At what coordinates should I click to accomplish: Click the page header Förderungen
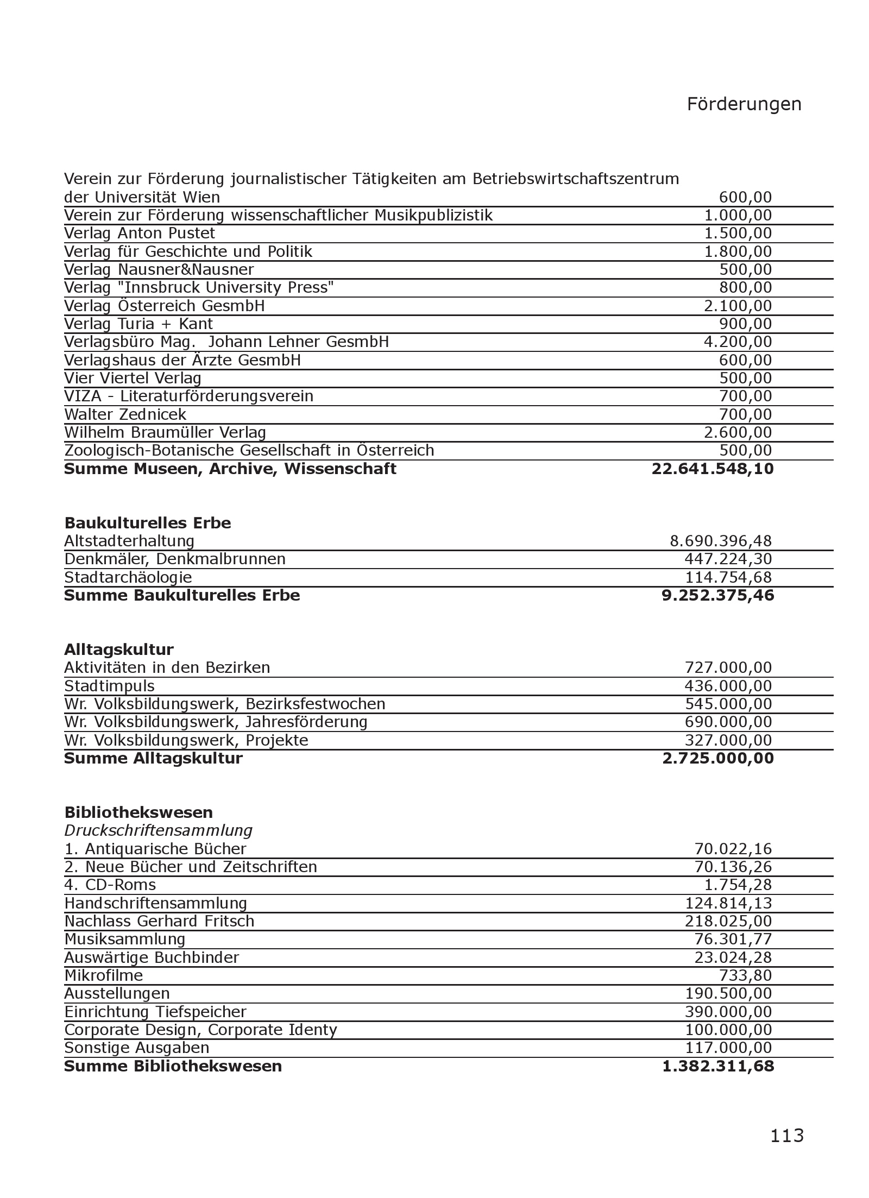[744, 104]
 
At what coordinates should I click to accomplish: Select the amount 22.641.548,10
[712, 469]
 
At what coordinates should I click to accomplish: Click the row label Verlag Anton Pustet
[140, 234]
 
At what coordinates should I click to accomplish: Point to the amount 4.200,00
[738, 342]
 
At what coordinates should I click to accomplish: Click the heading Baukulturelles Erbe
[148, 523]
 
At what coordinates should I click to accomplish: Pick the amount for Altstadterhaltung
[721, 541]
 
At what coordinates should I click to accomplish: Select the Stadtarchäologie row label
[128, 577]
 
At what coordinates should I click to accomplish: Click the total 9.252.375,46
[717, 596]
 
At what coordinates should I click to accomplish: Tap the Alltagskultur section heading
[119, 650]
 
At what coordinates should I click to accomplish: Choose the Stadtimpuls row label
[109, 686]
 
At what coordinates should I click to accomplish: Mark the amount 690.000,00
[728, 722]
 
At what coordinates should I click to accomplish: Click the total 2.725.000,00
[717, 759]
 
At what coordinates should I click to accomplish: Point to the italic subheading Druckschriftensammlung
[158, 830]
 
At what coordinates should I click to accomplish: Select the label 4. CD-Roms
[110, 885]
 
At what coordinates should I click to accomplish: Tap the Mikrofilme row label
[104, 975]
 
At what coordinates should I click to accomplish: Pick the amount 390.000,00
[728, 1012]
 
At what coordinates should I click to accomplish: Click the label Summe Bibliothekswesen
[173, 1066]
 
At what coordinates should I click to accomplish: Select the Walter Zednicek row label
[125, 414]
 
